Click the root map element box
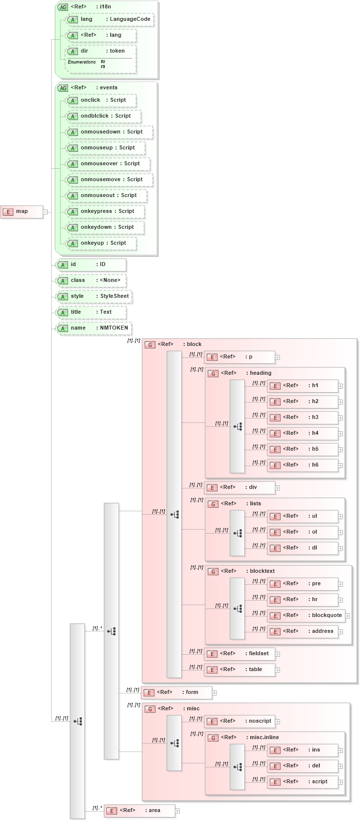[22, 212]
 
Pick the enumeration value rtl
[103, 67]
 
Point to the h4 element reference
[303, 433]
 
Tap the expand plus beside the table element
[278, 670]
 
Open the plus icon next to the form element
[215, 693]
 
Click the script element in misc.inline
[303, 782]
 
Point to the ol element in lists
[303, 532]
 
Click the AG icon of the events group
[63, 88]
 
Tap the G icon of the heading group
[213, 373]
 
